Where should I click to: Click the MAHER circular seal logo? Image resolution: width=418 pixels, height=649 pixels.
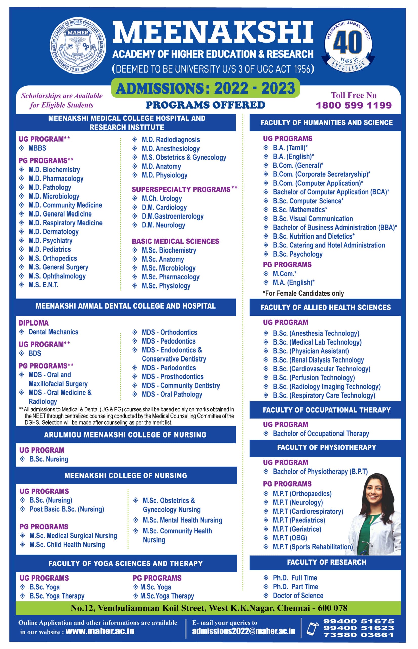78,45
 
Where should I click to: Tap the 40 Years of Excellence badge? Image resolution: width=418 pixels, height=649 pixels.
348,45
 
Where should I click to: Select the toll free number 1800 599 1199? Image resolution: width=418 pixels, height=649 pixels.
354,105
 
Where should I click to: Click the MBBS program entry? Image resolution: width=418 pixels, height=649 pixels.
37,148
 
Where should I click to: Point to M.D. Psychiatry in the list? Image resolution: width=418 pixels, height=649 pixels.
50,241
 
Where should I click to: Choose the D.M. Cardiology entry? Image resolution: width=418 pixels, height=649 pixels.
164,207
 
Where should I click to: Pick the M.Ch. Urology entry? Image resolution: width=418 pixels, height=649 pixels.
162,199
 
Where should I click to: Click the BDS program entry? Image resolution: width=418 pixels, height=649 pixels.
35,353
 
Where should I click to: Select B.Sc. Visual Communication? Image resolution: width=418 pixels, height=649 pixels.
313,219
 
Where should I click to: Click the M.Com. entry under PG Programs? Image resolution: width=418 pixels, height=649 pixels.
285,273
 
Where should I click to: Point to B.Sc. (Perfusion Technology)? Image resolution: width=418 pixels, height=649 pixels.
314,377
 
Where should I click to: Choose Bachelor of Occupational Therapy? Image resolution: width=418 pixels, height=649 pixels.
321,434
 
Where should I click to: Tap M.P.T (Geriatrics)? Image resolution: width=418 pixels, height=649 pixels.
297,529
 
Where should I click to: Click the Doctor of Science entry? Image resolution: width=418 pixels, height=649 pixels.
298,596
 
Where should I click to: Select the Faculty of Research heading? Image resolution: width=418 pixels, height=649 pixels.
327,562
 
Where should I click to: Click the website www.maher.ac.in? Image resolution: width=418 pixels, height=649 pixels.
100,631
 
